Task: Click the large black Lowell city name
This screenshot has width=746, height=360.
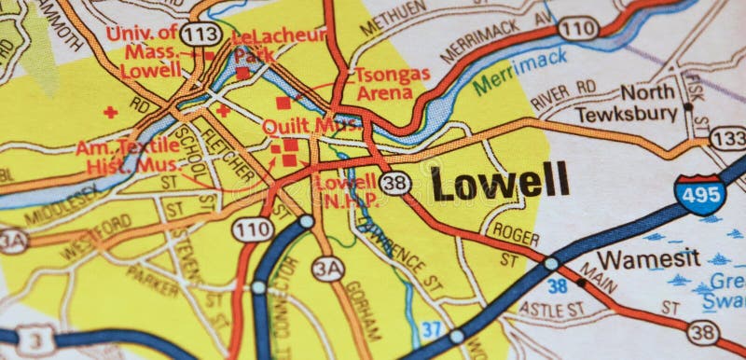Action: click(500, 181)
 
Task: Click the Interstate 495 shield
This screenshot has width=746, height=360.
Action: click(699, 194)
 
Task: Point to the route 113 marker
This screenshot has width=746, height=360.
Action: click(200, 35)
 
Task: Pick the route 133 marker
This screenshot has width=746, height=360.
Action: click(728, 138)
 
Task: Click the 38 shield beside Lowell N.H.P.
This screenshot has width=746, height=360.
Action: click(395, 182)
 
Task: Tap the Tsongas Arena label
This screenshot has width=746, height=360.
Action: click(392, 82)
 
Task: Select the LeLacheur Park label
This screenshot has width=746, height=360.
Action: click(279, 45)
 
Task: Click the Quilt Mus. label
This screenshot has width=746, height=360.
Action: click(298, 125)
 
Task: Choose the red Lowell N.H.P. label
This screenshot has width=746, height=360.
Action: click(346, 189)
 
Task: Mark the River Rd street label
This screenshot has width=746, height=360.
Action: click(562, 91)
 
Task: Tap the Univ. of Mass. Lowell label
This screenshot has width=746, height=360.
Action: click(143, 52)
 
